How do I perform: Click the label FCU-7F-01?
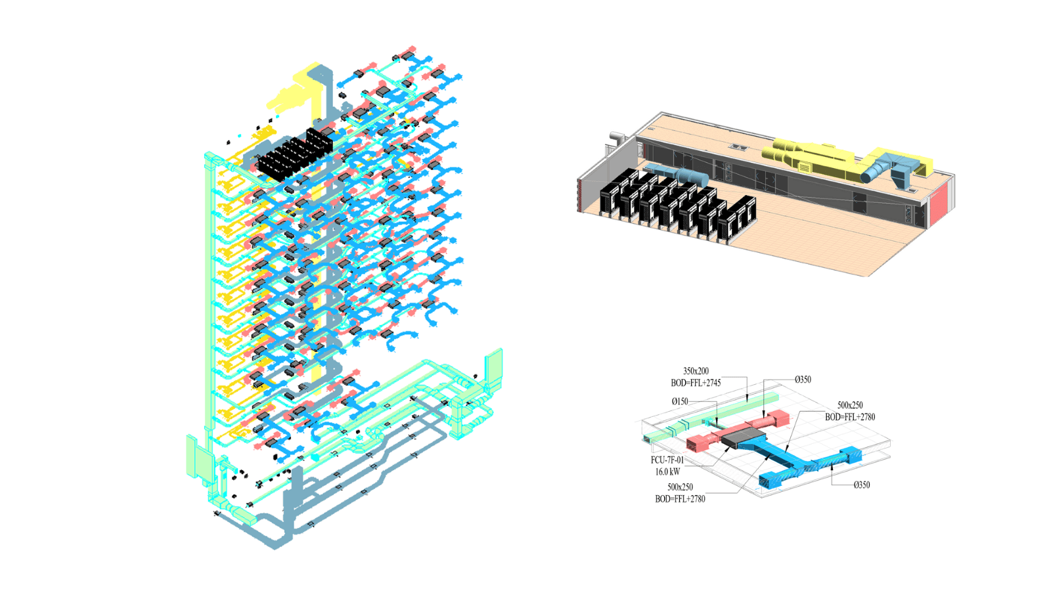click(x=667, y=460)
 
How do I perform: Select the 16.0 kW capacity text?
click(x=667, y=471)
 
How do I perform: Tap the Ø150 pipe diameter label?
click(x=680, y=401)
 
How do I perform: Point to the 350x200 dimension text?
click(x=696, y=371)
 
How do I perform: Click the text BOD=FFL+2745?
click(x=696, y=383)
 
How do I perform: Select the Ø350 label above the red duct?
click(x=803, y=380)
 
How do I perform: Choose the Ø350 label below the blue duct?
click(x=861, y=485)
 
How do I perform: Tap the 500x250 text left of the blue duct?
click(x=680, y=487)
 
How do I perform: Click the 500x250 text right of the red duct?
click(x=850, y=405)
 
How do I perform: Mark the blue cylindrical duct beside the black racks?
click(x=683, y=176)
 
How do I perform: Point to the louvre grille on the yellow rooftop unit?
click(x=804, y=167)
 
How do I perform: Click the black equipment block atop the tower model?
click(x=292, y=156)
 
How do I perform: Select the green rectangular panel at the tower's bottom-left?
click(x=200, y=460)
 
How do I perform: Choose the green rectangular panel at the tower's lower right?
click(x=493, y=366)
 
